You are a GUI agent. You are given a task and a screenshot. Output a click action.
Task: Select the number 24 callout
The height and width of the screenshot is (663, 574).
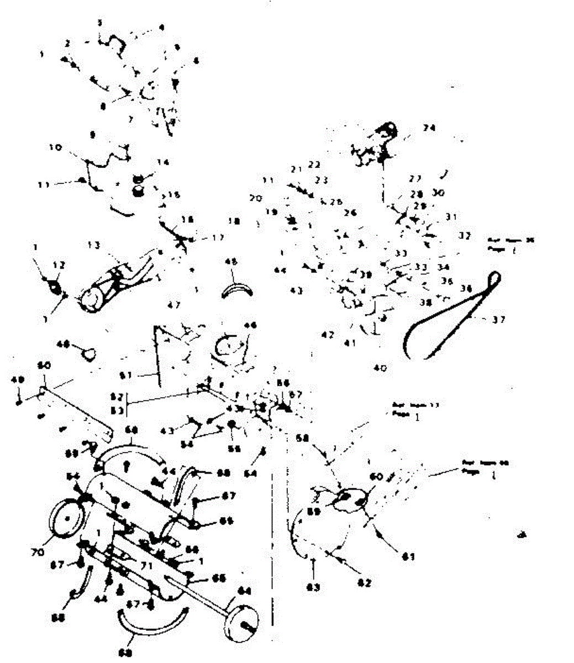point(429,128)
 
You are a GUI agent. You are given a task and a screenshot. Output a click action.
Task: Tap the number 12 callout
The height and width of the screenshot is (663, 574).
point(57,265)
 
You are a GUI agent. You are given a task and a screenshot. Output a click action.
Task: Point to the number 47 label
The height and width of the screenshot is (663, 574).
point(174,304)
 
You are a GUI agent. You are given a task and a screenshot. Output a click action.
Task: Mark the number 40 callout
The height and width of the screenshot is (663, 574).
point(381,368)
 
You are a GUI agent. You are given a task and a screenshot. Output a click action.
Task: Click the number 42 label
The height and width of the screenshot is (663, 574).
point(328,335)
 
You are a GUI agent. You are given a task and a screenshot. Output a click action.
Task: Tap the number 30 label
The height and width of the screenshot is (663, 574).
point(438,193)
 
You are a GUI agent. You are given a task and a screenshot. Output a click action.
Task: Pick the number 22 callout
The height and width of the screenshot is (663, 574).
point(314,165)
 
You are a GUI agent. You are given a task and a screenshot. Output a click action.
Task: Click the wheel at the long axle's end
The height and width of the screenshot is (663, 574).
point(242,624)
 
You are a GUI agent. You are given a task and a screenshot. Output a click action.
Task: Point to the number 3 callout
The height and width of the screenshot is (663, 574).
point(99,23)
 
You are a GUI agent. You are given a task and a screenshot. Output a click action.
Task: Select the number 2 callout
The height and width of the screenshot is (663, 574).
point(67,43)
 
